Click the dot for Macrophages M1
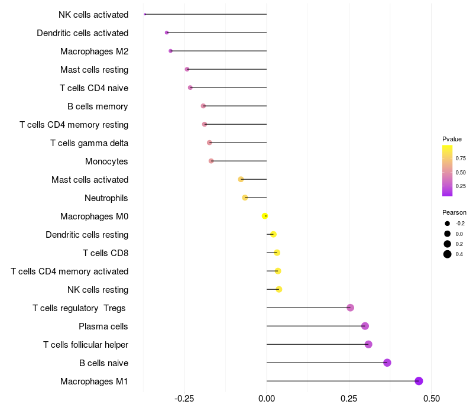(x=419, y=381)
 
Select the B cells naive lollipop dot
(x=387, y=363)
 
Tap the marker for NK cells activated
(x=145, y=14)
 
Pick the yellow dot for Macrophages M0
(x=265, y=216)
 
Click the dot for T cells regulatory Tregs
(x=350, y=308)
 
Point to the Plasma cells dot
(x=365, y=326)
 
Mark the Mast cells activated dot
(x=241, y=179)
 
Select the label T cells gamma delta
(x=89, y=143)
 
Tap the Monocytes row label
(x=106, y=161)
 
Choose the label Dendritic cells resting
(x=87, y=235)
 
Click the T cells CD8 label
(x=105, y=253)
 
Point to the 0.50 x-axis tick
(x=431, y=399)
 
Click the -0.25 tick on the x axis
(x=184, y=399)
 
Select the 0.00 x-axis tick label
(x=267, y=399)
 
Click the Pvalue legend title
(x=452, y=139)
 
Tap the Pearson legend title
(x=454, y=212)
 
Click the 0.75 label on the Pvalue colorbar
(x=461, y=159)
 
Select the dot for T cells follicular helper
(x=368, y=344)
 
